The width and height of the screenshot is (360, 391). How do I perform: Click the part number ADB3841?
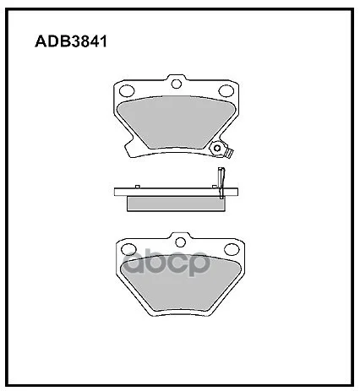[x=71, y=41]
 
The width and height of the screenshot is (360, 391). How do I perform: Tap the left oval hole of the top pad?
[x=127, y=90]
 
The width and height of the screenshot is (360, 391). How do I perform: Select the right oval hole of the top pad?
[x=226, y=90]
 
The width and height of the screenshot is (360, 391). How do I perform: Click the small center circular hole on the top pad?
[x=177, y=84]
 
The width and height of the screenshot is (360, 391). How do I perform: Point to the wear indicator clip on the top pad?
[x=221, y=149]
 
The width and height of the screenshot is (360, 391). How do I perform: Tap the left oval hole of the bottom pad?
[x=128, y=249]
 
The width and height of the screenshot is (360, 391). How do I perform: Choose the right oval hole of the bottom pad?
[x=232, y=249]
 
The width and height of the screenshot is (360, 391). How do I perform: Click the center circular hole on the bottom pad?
[x=180, y=242]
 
